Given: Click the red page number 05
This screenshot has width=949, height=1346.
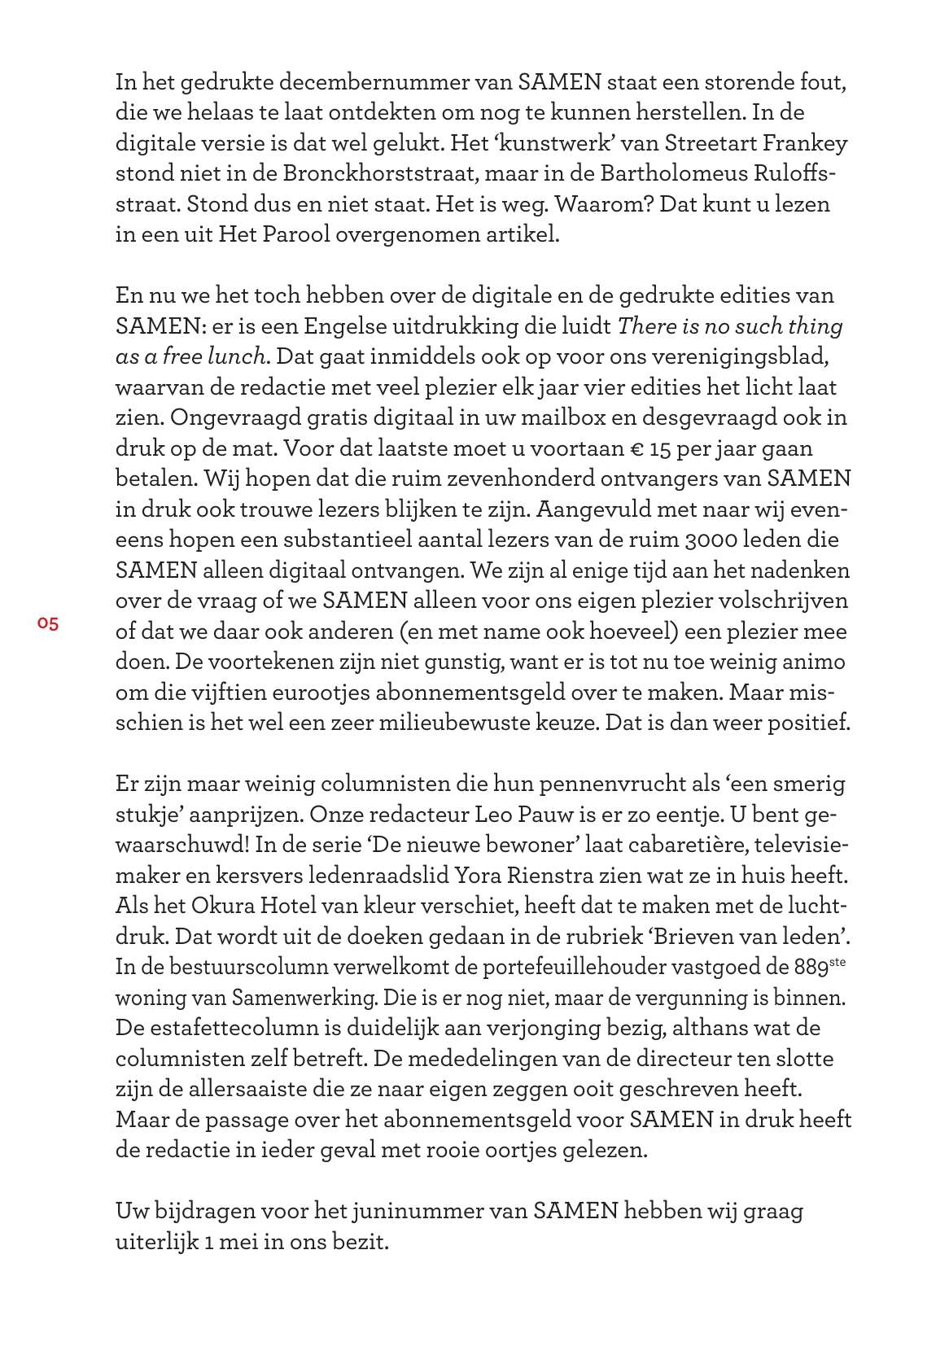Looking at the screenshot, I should [47, 624].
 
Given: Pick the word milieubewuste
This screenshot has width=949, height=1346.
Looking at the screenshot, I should [440, 723].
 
